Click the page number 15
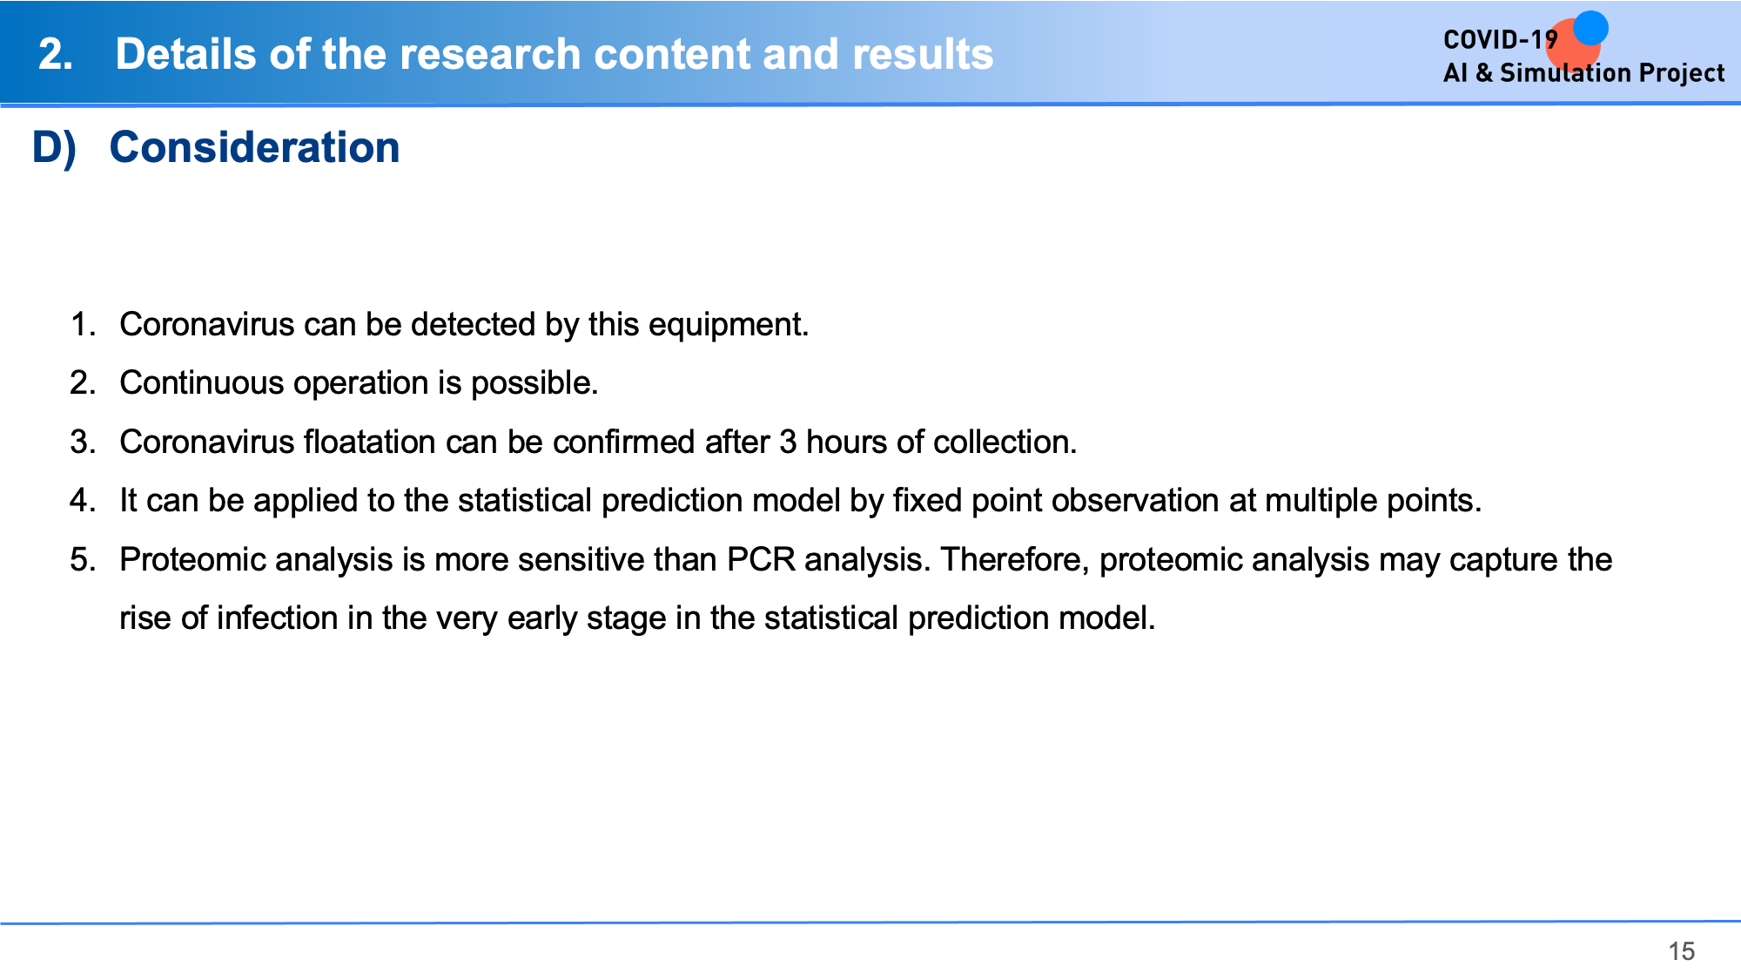click(1681, 951)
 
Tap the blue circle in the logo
click(1590, 28)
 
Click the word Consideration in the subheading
click(254, 147)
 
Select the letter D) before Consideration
click(54, 148)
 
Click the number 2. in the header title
click(56, 55)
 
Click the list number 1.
click(83, 324)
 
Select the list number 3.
click(83, 442)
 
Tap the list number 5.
click(83, 559)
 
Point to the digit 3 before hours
click(788, 442)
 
